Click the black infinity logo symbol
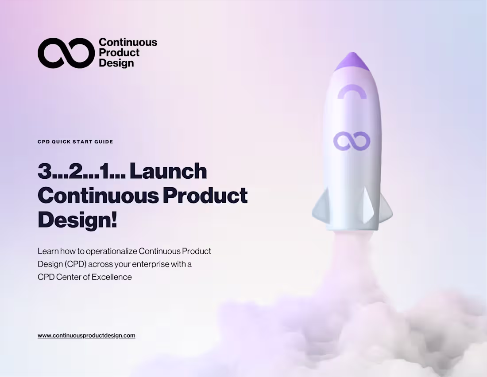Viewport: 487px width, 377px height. point(66,52)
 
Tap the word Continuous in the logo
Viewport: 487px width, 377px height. point(128,43)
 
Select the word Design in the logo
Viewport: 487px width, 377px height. point(116,63)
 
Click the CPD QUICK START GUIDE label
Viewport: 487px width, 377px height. point(75,142)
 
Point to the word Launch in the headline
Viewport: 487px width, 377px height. point(168,172)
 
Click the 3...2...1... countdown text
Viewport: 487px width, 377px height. point(82,172)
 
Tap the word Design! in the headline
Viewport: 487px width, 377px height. point(77,220)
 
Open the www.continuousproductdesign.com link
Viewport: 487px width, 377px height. point(86,336)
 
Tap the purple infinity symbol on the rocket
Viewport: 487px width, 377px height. point(352,140)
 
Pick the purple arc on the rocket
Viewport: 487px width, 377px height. point(352,91)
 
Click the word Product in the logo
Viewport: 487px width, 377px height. point(119,53)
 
